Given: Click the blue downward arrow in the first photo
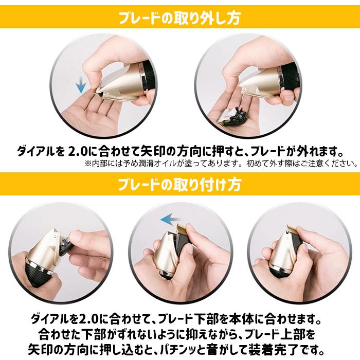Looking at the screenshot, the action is click(81, 85).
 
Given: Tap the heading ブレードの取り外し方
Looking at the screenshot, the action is click(179, 18).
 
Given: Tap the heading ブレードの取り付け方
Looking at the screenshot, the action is click(179, 184).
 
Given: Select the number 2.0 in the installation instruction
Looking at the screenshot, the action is click(88, 319).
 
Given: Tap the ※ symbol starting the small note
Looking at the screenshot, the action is click(88, 164).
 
